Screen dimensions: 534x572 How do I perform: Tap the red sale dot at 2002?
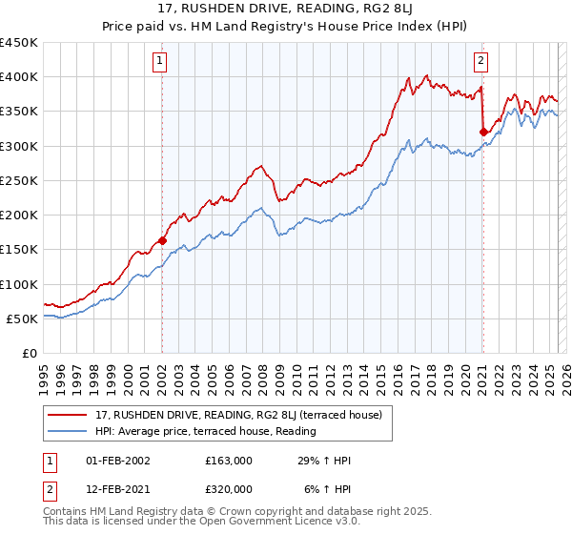click(x=163, y=241)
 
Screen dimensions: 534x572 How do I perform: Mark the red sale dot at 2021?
click(x=483, y=132)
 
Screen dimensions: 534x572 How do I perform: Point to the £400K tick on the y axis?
click(x=21, y=77)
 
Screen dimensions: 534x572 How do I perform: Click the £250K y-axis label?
click(x=21, y=180)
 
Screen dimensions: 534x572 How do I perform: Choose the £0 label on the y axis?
click(x=29, y=353)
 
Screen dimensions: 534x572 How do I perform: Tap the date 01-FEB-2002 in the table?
click(x=118, y=461)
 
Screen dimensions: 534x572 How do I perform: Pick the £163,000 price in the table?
click(x=228, y=461)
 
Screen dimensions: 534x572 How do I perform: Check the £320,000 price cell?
click(x=228, y=489)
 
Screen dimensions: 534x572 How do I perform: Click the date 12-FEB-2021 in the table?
click(x=118, y=489)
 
